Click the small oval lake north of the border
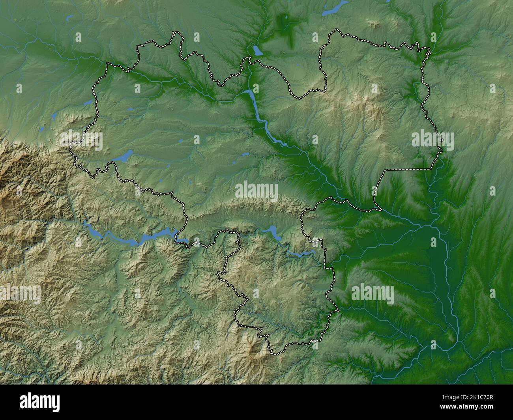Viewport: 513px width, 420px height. click(258, 50)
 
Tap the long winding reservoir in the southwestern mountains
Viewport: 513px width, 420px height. click(134, 239)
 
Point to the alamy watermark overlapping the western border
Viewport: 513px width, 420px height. click(81, 141)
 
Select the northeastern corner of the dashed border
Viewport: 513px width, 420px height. click(429, 50)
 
